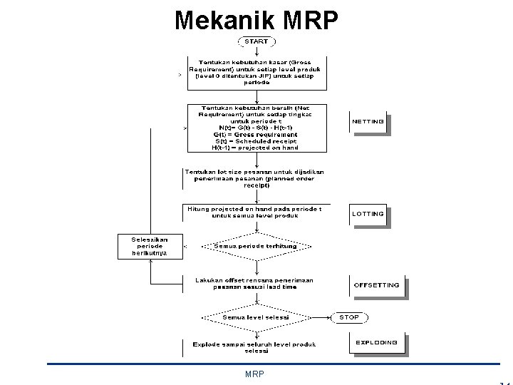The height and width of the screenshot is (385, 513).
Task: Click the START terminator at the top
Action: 256,41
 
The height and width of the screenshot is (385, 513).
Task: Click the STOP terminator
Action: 349,317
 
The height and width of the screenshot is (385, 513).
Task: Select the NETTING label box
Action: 368,122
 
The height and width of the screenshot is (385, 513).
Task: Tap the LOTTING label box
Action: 368,214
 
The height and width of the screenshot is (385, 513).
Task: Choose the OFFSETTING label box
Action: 377,285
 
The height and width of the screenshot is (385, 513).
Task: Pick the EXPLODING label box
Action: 377,343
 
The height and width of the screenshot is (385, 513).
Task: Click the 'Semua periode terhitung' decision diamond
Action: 256,246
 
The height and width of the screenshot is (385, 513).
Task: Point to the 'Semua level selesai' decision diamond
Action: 256,317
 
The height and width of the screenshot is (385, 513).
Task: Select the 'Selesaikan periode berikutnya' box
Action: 150,246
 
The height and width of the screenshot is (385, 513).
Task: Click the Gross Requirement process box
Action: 256,73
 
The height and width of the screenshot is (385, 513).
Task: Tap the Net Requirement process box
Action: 256,128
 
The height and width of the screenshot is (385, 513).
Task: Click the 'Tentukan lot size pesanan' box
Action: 256,178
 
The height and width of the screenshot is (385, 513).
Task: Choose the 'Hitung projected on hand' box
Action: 256,213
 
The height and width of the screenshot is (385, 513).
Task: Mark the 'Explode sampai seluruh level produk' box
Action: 256,347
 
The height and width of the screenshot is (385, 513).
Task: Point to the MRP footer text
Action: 254,374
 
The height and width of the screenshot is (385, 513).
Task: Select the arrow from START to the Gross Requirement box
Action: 256,51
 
